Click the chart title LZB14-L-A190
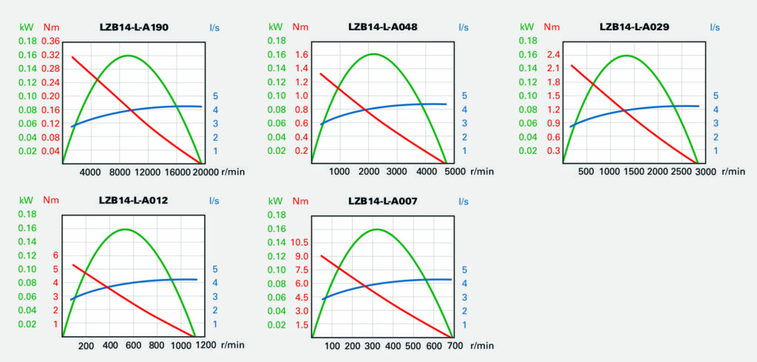[134, 27]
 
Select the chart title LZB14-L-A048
[382, 27]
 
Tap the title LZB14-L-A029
[634, 27]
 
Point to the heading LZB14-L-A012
[134, 201]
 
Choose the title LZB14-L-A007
[382, 201]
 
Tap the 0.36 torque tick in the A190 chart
[50, 41]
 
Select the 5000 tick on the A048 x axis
[447, 172]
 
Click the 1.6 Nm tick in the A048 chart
[300, 55]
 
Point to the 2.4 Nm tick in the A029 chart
[551, 55]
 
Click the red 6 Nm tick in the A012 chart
[55, 255]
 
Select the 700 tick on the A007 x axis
[455, 345]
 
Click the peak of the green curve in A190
[129, 56]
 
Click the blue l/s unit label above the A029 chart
[715, 27]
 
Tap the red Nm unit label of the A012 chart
[51, 201]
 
